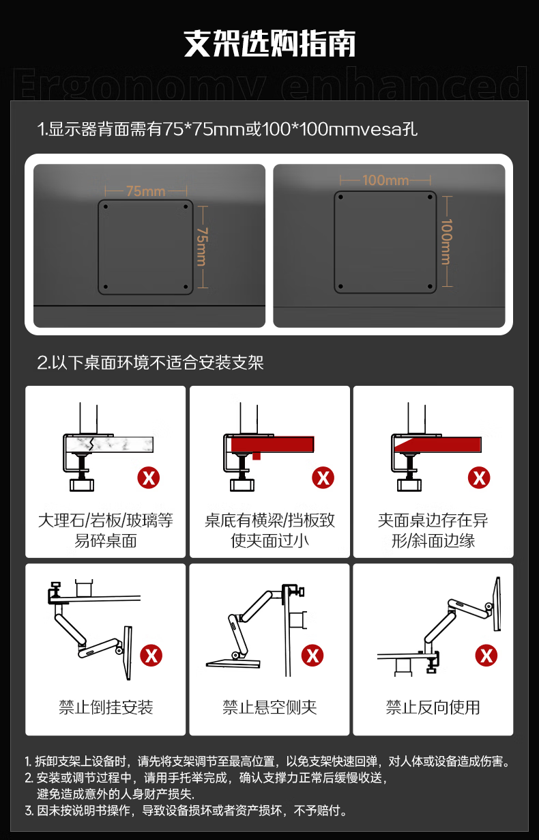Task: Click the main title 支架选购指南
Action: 269,44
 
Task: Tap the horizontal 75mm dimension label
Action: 146,191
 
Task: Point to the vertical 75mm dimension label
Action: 202,247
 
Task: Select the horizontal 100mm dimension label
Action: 385,180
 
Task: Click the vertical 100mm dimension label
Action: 446,242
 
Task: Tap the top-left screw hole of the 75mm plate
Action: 106,207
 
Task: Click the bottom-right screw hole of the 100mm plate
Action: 430,287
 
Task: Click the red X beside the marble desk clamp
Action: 148,478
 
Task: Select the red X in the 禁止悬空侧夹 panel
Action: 312,656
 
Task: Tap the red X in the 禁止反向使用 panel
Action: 486,656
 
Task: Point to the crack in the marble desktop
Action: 91,444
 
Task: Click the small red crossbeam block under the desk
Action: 257,456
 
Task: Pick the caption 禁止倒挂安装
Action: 106,708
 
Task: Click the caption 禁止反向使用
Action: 433,708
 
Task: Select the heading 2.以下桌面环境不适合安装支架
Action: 150,363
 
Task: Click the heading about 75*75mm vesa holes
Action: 227,129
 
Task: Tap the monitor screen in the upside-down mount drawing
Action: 128,652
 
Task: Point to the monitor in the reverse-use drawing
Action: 497,604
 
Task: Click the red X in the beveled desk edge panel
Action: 479,478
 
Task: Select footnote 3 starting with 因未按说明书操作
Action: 186,811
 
